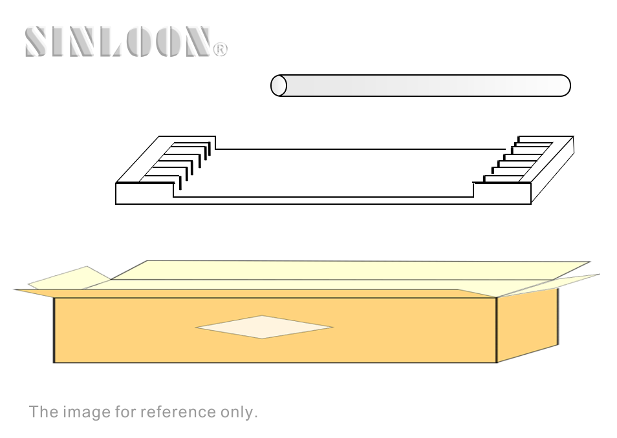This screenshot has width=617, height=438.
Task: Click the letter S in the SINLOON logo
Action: [x=38, y=42]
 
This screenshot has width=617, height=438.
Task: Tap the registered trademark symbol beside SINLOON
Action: [x=221, y=50]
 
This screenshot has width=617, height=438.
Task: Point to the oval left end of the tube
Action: [x=279, y=85]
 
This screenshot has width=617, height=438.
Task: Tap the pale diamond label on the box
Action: [x=264, y=327]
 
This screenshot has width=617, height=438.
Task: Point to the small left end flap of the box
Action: [x=69, y=278]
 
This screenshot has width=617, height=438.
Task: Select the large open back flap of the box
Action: [x=350, y=270]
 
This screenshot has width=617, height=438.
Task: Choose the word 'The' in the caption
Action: [x=43, y=412]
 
